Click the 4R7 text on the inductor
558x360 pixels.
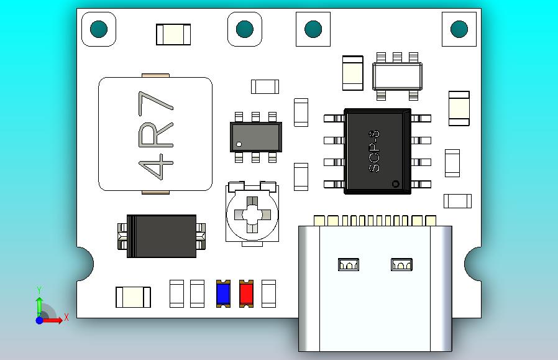(155, 135)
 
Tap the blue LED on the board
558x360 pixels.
(223, 293)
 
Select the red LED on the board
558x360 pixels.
(246, 293)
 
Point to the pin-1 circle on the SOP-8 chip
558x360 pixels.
(395, 183)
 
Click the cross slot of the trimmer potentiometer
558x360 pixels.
(252, 215)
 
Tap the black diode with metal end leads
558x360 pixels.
(162, 236)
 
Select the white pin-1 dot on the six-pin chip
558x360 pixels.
(239, 145)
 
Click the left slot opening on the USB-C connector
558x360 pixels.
(349, 264)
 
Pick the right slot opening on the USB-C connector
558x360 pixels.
(401, 264)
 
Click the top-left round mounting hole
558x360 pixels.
(99, 29)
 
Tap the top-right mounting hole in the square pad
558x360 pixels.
(459, 29)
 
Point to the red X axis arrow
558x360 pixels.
(55, 320)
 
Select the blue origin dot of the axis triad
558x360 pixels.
(39, 320)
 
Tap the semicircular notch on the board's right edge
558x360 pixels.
(475, 263)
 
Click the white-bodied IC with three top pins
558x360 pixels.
(396, 76)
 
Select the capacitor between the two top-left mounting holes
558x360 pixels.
(173, 34)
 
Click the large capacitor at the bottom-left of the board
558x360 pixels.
(133, 297)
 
